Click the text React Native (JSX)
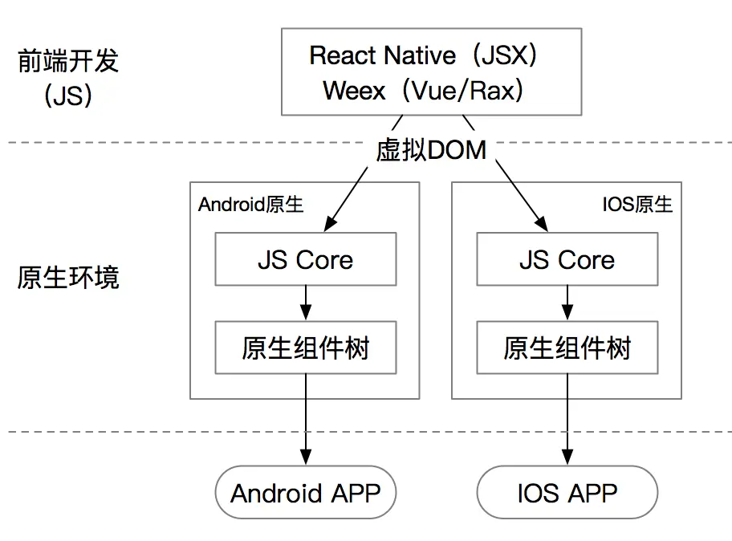(423, 55)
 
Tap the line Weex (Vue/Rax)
(423, 90)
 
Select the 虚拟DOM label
(431, 150)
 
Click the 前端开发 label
(68, 61)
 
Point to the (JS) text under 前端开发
(68, 96)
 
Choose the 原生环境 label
(68, 277)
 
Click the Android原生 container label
(250, 205)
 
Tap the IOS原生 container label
(637, 205)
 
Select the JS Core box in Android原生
(306, 259)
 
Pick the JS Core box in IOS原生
(567, 259)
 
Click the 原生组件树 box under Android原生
(306, 348)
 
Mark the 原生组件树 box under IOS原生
(567, 348)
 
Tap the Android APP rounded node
(306, 492)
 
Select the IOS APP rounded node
(567, 492)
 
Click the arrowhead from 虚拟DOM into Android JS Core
(330, 224)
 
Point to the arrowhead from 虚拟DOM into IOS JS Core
(542, 224)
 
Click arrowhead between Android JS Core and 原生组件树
(306, 311)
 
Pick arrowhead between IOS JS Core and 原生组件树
(567, 311)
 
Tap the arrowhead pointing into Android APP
(306, 457)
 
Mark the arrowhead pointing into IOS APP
(567, 457)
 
